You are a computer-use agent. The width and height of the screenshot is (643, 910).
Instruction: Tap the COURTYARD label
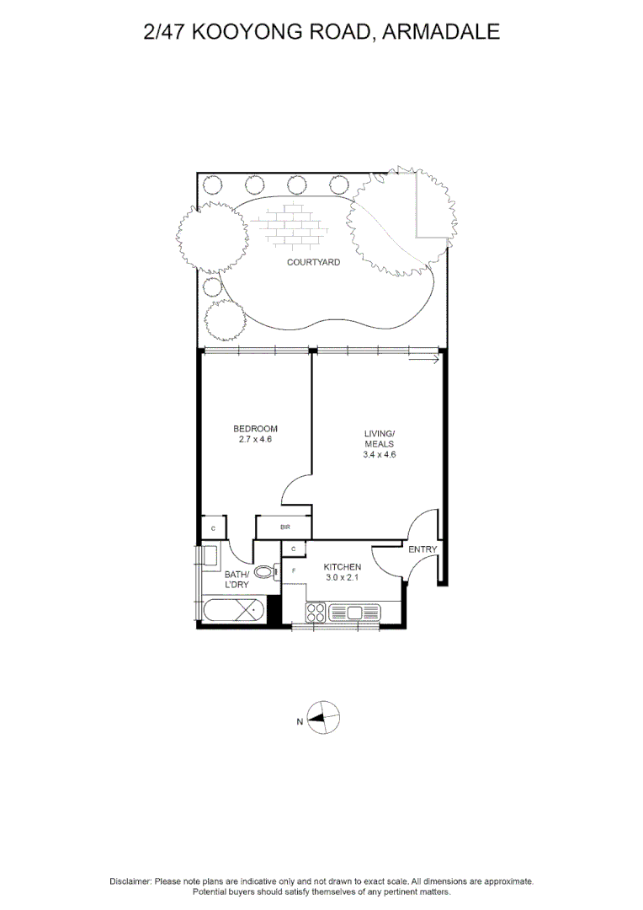[313, 262]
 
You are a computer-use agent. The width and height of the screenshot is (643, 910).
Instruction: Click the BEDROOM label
[255, 429]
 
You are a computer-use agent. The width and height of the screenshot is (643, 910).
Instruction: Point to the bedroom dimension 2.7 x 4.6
[255, 439]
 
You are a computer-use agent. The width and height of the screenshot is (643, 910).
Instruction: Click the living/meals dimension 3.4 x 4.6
[379, 454]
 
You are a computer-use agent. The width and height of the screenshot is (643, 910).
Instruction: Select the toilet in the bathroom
[264, 572]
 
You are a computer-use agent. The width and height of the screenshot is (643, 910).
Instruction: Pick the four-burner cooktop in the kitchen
[317, 613]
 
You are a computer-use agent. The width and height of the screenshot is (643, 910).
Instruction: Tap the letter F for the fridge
[294, 570]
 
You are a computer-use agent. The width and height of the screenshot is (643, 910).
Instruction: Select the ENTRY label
[422, 549]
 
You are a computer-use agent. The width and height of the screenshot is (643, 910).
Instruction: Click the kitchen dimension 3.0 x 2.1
[343, 578]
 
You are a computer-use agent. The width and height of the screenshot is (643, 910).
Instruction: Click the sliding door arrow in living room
[423, 361]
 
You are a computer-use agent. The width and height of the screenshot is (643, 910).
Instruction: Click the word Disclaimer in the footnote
[130, 881]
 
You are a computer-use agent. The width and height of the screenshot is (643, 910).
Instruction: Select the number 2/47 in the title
[166, 32]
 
